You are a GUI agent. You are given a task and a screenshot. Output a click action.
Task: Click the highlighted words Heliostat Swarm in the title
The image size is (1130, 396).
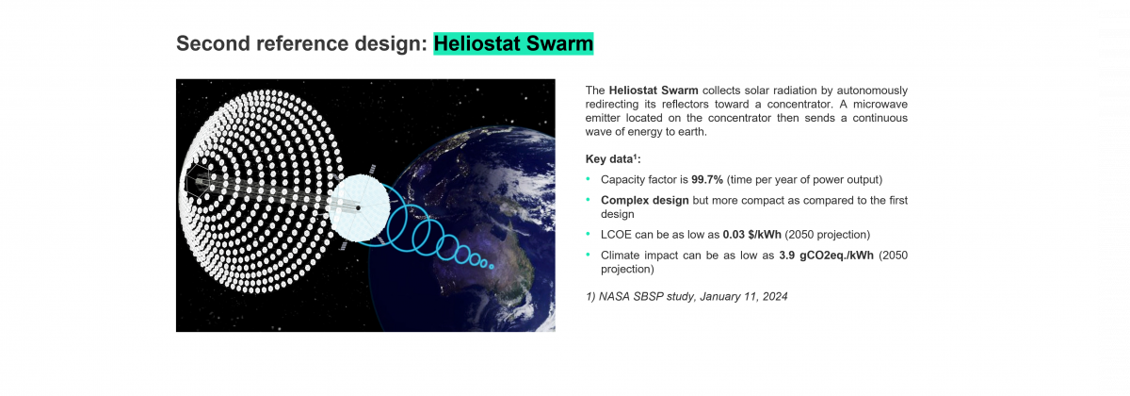point(513,43)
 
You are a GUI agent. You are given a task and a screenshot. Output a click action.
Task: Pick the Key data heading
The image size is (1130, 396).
point(613,159)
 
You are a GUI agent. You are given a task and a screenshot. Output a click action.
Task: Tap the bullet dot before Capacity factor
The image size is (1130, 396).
point(588,179)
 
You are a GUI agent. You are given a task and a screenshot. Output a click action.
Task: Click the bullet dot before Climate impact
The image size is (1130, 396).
point(588,256)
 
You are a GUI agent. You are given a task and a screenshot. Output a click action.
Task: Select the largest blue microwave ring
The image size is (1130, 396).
point(410,223)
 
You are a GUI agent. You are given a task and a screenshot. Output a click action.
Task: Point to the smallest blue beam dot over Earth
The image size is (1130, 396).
point(491,266)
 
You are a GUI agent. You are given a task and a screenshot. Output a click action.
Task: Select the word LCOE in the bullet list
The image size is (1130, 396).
point(616,234)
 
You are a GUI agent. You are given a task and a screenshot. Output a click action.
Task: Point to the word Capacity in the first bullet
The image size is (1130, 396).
point(623,179)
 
